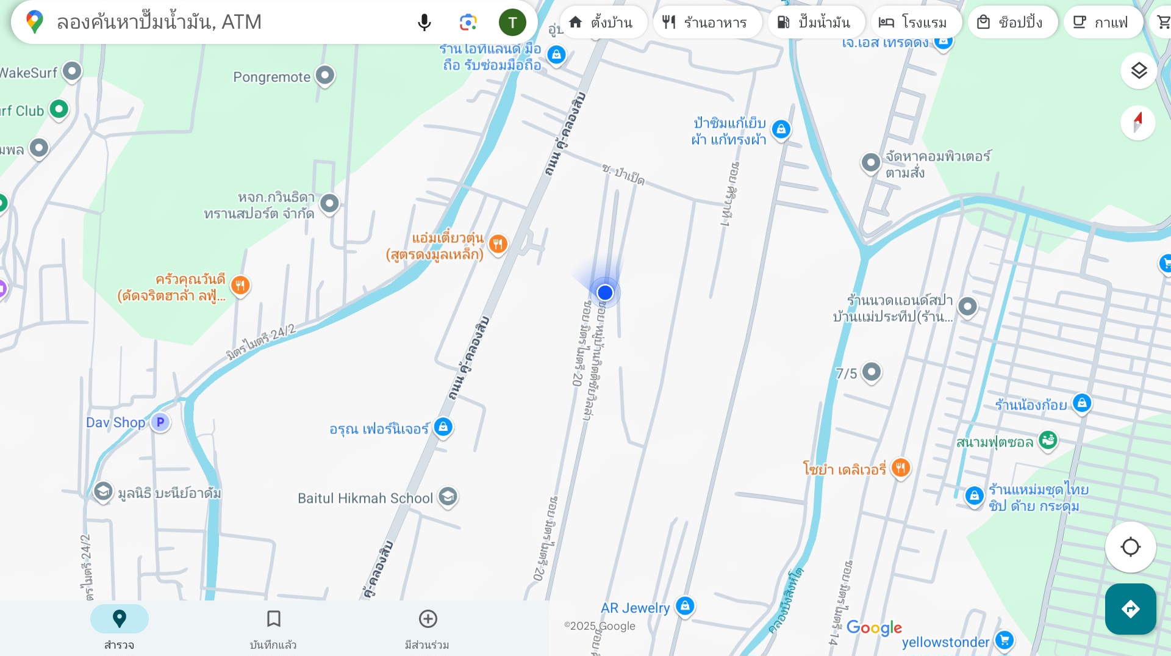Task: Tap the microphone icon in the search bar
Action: click(424, 23)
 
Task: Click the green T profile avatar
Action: click(512, 23)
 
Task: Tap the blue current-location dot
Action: click(605, 293)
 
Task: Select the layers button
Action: click(1139, 71)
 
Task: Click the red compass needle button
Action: click(1137, 123)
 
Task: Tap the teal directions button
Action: click(1130, 609)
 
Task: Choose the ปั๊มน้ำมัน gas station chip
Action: click(815, 23)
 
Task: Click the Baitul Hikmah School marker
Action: click(448, 497)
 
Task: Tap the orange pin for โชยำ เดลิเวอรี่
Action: click(901, 468)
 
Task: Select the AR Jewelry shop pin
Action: click(685, 606)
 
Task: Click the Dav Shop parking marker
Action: click(160, 422)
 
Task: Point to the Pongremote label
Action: click(272, 77)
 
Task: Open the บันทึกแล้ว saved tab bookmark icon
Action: click(273, 619)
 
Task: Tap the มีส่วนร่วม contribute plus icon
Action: click(428, 619)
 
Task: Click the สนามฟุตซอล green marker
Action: click(1048, 439)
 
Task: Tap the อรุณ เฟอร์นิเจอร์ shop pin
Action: click(443, 427)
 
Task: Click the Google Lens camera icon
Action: click(468, 23)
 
